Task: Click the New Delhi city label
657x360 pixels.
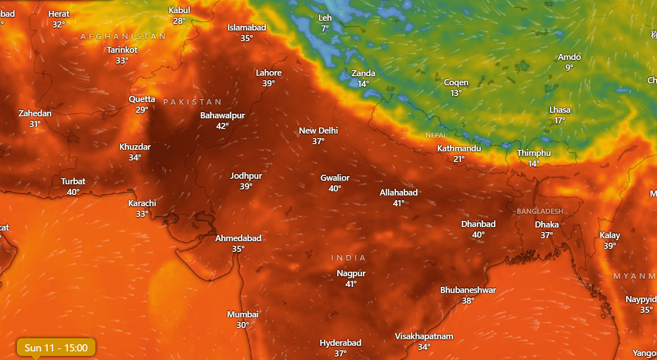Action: click(x=318, y=130)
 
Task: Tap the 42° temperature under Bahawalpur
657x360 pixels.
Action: click(x=222, y=126)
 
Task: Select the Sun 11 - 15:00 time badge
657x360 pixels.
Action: click(x=56, y=348)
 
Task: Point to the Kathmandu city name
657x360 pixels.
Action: click(x=459, y=148)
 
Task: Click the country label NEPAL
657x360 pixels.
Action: click(x=436, y=135)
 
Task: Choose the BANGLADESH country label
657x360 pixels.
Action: click(x=540, y=211)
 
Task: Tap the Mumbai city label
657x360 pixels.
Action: click(x=243, y=314)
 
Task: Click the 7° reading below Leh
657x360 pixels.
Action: click(x=325, y=28)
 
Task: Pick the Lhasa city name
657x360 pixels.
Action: click(x=560, y=110)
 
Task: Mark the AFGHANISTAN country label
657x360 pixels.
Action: click(x=123, y=37)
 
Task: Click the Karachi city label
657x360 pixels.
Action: click(x=142, y=203)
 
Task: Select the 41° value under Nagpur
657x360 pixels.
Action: click(x=351, y=284)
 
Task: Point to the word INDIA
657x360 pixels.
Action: click(x=348, y=258)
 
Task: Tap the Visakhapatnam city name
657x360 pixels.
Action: click(x=424, y=336)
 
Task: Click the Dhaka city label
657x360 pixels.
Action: click(x=547, y=224)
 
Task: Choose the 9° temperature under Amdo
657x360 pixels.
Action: click(x=569, y=68)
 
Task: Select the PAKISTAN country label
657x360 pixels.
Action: click(x=192, y=102)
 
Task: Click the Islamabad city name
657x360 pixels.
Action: click(x=247, y=27)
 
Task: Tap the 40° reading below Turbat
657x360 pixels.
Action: click(x=73, y=192)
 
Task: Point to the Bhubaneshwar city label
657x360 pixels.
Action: click(x=468, y=290)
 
